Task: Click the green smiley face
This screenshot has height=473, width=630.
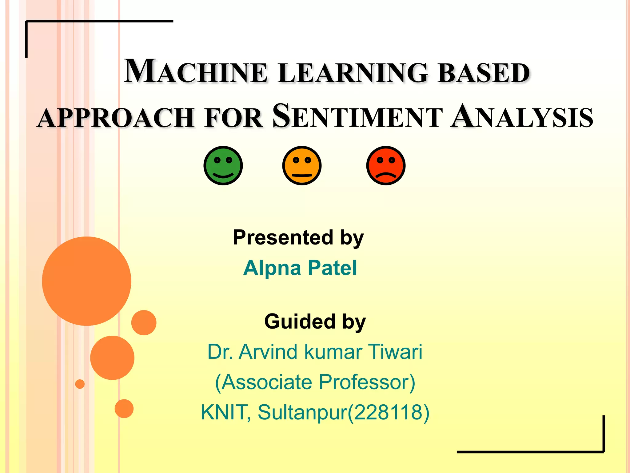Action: click(223, 166)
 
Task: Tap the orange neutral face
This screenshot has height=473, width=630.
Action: click(302, 166)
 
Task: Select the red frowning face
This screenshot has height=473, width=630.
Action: click(386, 166)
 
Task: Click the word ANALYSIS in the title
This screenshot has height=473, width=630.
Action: click(522, 116)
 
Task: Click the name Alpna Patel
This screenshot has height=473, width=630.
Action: click(300, 268)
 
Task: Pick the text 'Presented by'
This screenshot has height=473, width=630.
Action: click(298, 238)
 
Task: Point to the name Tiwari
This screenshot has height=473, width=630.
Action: click(395, 352)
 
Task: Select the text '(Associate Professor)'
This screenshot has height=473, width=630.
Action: click(315, 382)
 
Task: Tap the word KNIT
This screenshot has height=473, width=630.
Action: click(224, 412)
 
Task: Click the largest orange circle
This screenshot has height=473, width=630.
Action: click(87, 281)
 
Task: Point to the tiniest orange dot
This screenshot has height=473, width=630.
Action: click(80, 384)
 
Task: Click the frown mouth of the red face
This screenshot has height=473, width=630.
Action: click(386, 176)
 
